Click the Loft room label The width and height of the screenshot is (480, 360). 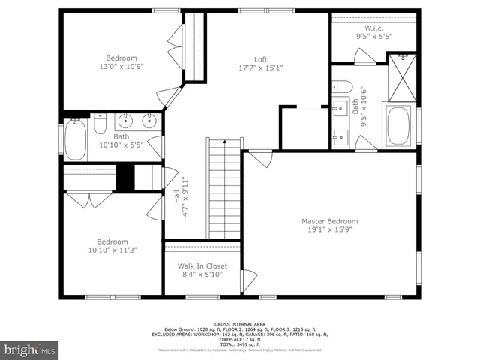coord(260,59)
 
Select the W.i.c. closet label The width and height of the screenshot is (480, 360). coord(373,28)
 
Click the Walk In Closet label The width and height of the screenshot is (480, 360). coord(202,265)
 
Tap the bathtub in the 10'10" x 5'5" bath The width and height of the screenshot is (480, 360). coord(76,140)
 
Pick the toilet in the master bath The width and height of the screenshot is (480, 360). coord(342,85)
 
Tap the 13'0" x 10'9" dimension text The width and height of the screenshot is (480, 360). coord(121,67)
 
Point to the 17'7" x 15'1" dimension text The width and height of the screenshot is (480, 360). coord(260,68)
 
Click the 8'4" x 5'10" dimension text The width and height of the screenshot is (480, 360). coord(202,274)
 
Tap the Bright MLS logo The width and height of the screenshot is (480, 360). coord(30,349)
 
